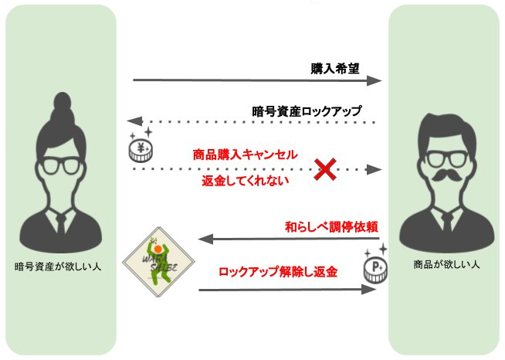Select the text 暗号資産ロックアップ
tap(307, 110)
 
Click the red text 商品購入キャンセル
tap(245, 154)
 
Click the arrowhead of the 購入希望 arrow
tap(376, 80)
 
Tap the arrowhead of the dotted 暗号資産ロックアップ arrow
tap(134, 122)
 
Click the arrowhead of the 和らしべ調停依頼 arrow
tap(205, 239)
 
